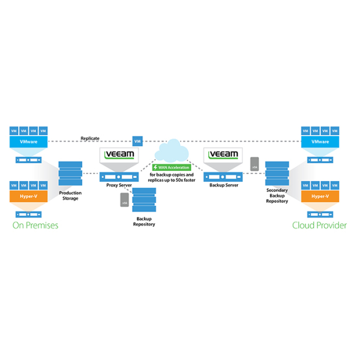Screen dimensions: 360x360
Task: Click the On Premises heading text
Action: tap(35, 226)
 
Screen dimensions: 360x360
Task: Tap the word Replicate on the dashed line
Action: tap(90, 139)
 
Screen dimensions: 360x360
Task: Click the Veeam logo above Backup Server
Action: tap(223, 154)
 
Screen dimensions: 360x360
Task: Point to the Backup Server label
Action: tap(223, 186)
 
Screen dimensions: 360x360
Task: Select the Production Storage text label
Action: tap(70, 196)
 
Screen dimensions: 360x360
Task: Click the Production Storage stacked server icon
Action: tap(70, 173)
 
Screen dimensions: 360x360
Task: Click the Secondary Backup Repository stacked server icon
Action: tap(277, 174)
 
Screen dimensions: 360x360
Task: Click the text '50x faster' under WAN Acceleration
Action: tap(184, 181)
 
